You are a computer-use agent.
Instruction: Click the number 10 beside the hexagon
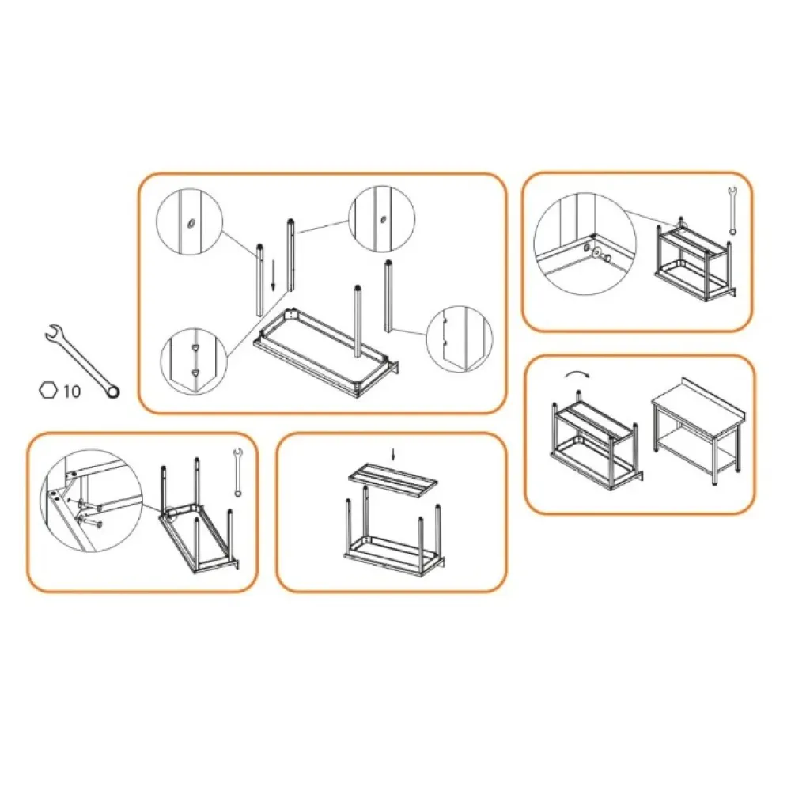71,391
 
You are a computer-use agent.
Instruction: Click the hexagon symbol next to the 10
48,390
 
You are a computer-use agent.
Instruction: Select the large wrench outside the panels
81,360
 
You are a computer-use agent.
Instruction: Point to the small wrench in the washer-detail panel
732,210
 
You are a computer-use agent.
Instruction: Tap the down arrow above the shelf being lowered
394,454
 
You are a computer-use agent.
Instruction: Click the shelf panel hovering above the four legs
394,479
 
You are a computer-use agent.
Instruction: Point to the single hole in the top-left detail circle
191,224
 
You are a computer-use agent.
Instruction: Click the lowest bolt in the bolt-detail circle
89,523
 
